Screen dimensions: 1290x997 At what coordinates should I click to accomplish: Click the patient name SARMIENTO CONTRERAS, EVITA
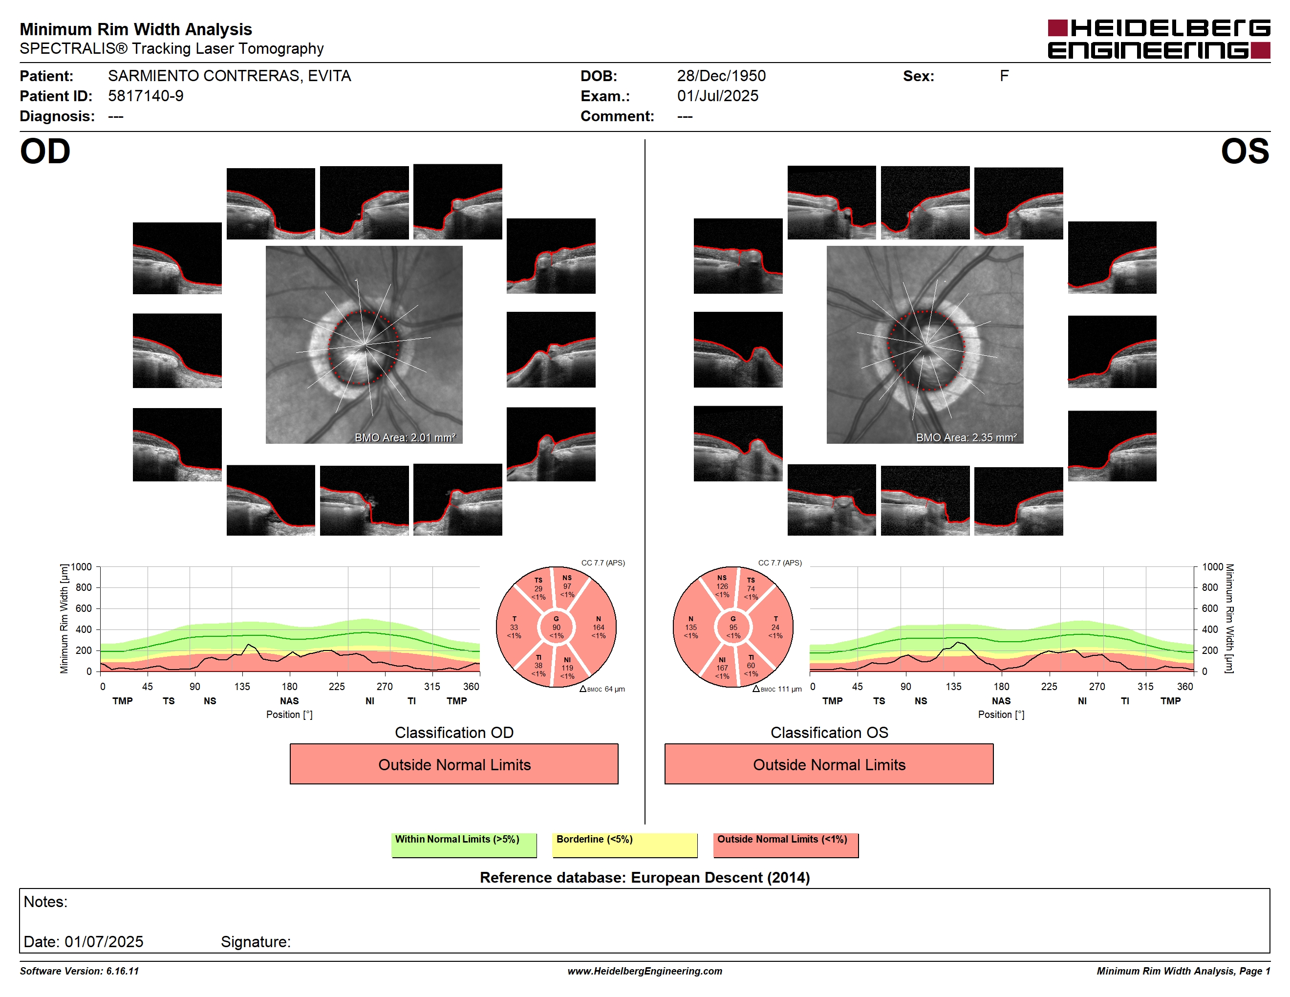tap(229, 76)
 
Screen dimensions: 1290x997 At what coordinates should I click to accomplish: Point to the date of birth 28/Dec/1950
tap(721, 76)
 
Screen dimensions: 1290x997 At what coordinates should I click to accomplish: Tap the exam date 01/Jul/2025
tap(718, 96)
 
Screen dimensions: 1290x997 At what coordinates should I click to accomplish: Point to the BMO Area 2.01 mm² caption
tap(405, 438)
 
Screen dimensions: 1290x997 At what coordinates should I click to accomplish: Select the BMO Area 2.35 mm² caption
tap(967, 438)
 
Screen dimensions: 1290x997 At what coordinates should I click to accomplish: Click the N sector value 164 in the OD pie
tap(599, 627)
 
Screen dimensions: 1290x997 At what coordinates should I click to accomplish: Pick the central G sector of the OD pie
tap(557, 627)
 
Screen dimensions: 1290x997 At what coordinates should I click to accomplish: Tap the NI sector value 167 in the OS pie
tap(722, 668)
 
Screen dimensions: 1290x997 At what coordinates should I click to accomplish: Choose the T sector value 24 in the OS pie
tap(775, 627)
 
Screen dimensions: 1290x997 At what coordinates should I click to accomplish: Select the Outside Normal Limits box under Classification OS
tap(829, 764)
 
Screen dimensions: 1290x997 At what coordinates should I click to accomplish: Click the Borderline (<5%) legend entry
tap(624, 845)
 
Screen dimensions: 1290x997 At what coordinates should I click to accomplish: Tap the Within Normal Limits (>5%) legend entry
tap(464, 845)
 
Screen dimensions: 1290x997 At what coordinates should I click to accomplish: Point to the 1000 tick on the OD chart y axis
tap(82, 567)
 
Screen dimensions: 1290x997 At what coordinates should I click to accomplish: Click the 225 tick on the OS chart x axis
tap(1049, 686)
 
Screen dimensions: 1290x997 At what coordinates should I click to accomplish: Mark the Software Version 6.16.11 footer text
tap(79, 971)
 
